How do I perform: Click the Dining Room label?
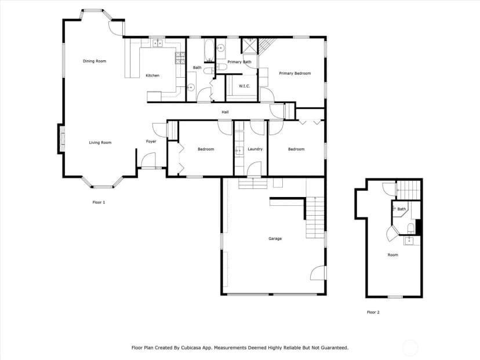(94, 61)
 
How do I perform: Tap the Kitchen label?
(152, 75)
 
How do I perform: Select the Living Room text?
(100, 143)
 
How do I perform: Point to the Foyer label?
(151, 141)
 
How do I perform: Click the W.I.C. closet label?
(244, 86)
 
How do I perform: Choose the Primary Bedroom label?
(295, 74)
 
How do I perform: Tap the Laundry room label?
(255, 149)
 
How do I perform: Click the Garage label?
(275, 238)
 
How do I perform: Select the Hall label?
(225, 112)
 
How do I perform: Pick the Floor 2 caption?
(373, 312)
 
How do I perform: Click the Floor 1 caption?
(99, 202)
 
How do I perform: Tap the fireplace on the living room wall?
(61, 139)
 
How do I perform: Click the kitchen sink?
(157, 43)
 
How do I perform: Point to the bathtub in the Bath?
(209, 50)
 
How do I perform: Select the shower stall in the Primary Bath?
(250, 45)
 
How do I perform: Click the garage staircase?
(315, 217)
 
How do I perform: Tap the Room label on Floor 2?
(393, 255)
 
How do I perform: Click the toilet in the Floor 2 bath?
(411, 228)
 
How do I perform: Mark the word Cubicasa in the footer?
(190, 348)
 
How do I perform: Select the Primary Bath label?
(239, 62)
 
